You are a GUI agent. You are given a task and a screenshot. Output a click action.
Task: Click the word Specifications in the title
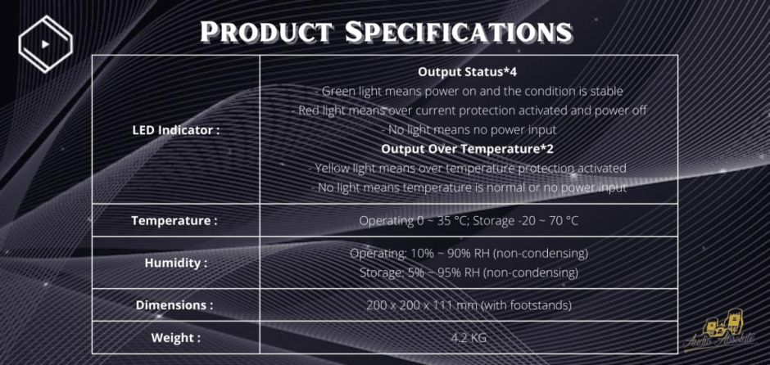point(458,32)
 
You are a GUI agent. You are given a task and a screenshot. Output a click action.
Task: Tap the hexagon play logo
point(45,44)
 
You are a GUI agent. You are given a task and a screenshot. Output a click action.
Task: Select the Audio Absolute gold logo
point(719,331)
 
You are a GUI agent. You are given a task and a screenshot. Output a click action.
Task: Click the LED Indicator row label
point(176,130)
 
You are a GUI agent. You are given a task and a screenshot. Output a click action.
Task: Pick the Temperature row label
point(174,220)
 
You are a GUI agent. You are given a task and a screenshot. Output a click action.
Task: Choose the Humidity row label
point(176,263)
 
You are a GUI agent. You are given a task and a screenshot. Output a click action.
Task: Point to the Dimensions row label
point(174,304)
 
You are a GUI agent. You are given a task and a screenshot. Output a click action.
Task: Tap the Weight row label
point(176,338)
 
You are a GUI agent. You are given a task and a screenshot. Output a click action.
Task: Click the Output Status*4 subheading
point(468,72)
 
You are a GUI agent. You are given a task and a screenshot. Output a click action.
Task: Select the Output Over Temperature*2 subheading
point(468,148)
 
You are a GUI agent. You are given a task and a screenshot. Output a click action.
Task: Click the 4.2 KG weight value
point(469,338)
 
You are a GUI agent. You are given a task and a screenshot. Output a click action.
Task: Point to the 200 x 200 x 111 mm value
point(469,305)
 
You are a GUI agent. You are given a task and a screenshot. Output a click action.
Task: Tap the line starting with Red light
point(472,110)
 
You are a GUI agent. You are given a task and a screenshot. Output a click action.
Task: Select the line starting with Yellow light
point(468,168)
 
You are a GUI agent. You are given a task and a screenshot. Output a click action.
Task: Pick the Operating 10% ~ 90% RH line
point(469,254)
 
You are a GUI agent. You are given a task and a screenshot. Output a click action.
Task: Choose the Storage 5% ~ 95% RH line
point(469,273)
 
